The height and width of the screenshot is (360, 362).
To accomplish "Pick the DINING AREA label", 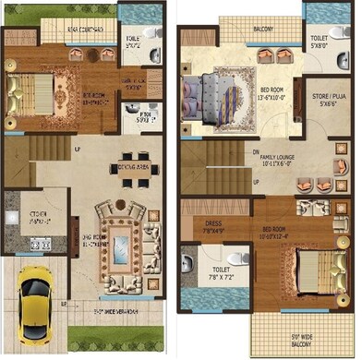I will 134,166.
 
